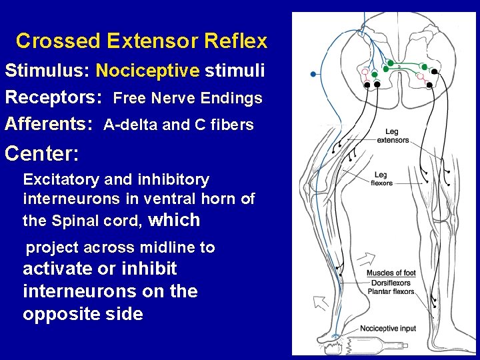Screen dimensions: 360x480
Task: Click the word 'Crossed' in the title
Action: pyautogui.click(x=57, y=41)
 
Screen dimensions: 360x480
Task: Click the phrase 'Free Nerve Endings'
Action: pyautogui.click(x=188, y=99)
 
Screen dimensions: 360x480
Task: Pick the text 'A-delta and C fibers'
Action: pyautogui.click(x=179, y=125)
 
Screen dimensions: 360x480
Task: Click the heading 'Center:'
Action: pyautogui.click(x=41, y=154)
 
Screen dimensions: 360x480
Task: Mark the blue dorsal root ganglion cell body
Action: pyautogui.click(x=313, y=74)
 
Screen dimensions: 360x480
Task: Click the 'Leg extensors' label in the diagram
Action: pyautogui.click(x=393, y=136)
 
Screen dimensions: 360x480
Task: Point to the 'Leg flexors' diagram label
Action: pyautogui.click(x=381, y=179)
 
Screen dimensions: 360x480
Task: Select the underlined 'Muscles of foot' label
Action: pyautogui.click(x=391, y=273)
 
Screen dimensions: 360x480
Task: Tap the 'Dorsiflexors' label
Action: pyautogui.click(x=390, y=283)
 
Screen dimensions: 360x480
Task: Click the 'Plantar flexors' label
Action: pyautogui.click(x=390, y=291)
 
